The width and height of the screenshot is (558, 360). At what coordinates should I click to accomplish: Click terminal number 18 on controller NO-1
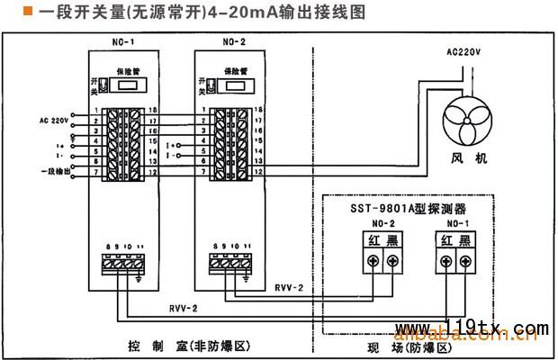[x=150, y=109]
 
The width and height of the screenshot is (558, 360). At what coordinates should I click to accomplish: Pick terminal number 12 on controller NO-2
[x=258, y=171]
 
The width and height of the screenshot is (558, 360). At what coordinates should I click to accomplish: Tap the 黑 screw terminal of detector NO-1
[x=465, y=262]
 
